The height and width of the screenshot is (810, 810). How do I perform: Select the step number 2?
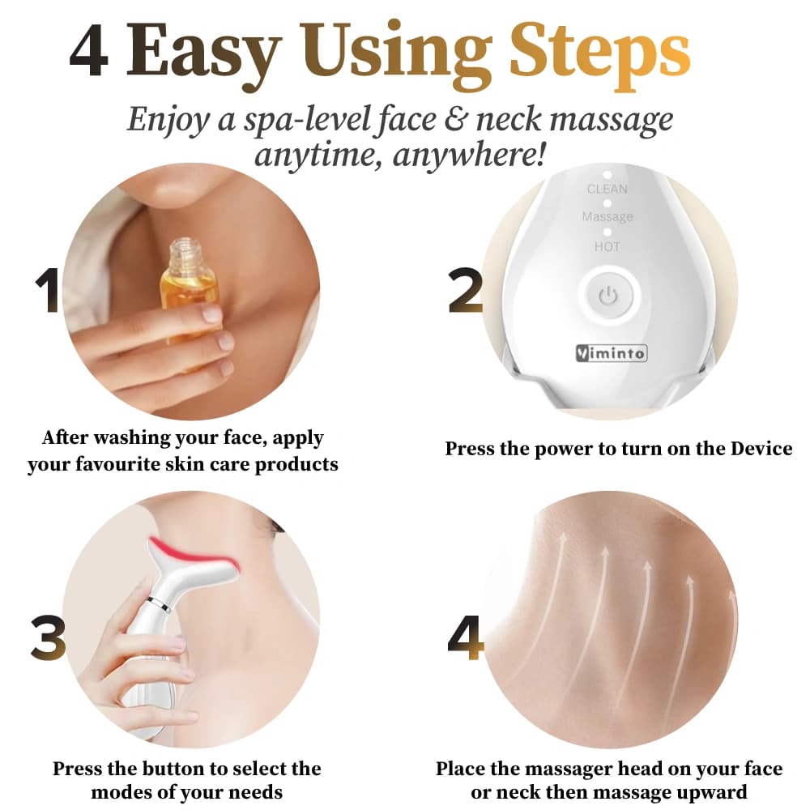(x=466, y=292)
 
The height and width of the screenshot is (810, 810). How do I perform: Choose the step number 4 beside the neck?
(x=466, y=637)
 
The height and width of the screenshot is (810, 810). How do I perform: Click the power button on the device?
(x=607, y=296)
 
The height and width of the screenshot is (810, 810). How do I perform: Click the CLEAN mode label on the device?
(x=607, y=189)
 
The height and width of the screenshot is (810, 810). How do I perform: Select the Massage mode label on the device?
(x=607, y=217)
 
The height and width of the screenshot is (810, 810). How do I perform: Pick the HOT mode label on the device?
(x=607, y=246)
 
